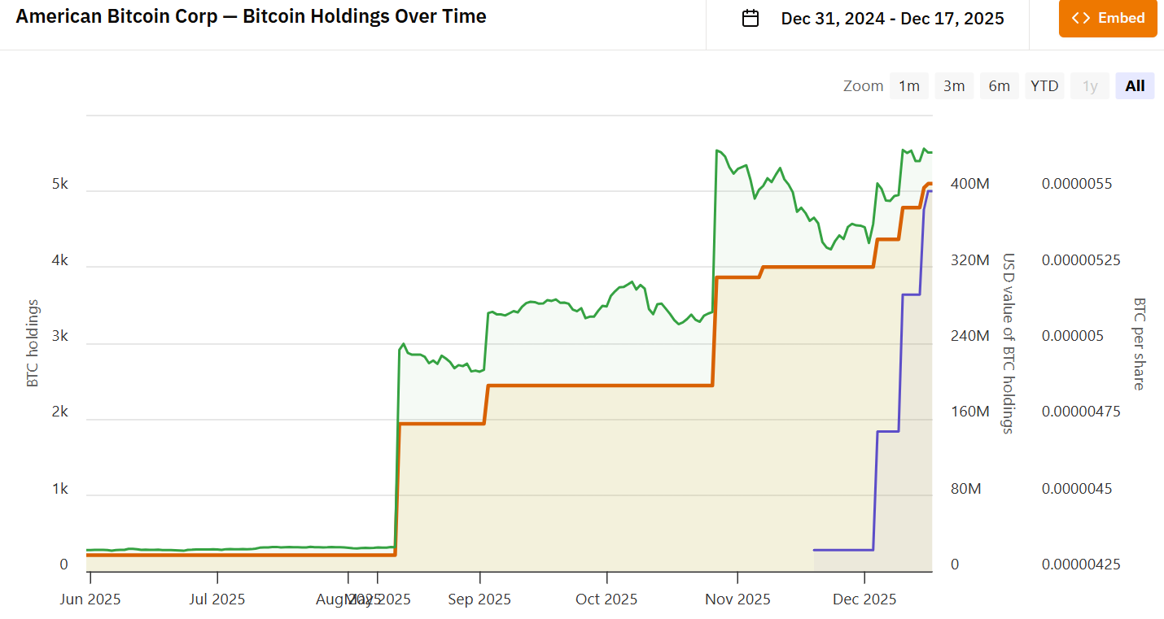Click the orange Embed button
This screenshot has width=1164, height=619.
click(x=1108, y=18)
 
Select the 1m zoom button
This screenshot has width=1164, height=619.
click(x=908, y=85)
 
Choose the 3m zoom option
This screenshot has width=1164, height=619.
click(x=954, y=85)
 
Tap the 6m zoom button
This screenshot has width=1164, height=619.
click(x=999, y=85)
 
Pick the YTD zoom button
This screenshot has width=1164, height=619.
click(x=1044, y=85)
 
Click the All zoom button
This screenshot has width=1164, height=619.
click(x=1135, y=85)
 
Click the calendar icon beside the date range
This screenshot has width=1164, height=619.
click(x=750, y=19)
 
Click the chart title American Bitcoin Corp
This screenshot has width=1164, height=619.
click(x=251, y=16)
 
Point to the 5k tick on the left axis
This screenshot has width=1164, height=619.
click(x=60, y=185)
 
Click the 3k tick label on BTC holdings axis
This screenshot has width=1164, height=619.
click(x=60, y=337)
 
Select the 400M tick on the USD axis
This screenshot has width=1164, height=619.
click(x=970, y=185)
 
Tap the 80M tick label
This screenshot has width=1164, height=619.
click(x=966, y=489)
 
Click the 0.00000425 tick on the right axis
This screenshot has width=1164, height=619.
click(x=1081, y=565)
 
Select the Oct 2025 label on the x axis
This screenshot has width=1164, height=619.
click(x=606, y=599)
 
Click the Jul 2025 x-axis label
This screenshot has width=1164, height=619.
click(x=217, y=599)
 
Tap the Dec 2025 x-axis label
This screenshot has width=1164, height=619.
click(x=865, y=599)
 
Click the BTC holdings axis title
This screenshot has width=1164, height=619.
click(x=33, y=342)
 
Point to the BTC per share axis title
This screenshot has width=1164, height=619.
click(x=1139, y=342)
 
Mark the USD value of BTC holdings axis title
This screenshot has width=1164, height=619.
click(x=1008, y=342)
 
